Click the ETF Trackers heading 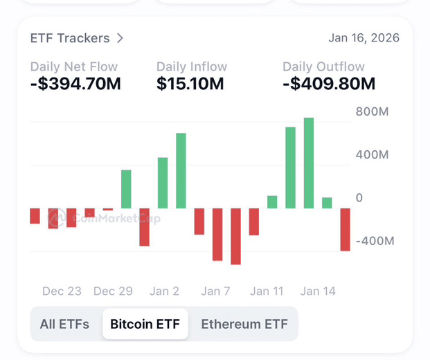pos(70,38)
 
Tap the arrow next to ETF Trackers pos(120,38)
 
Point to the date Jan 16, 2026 pos(364,38)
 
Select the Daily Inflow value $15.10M pos(190,84)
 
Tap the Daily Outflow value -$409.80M pos(329,84)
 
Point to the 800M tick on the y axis pos(373,112)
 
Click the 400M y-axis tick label pos(373,154)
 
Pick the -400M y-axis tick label pos(375,241)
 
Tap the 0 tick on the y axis pos(359,198)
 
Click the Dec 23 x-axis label pos(62,291)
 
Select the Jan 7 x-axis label pos(215,291)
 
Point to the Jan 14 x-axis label pos(318,291)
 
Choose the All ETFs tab pos(64,324)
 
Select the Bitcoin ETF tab pos(145,324)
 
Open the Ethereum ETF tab pos(244,324)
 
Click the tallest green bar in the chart pos(309,163)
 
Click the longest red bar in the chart pos(235,236)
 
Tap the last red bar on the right pos(345,229)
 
